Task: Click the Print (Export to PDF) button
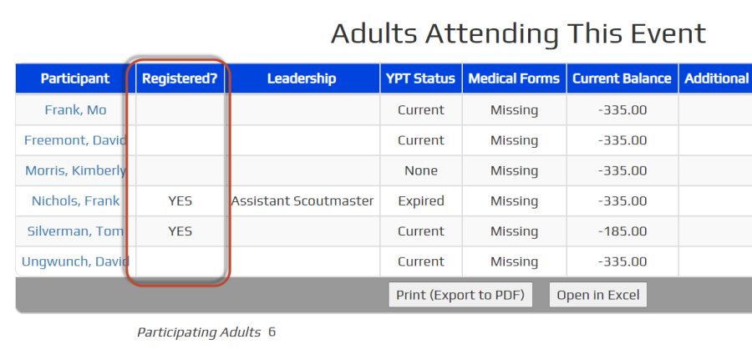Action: tap(460, 295)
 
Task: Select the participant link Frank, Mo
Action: tap(75, 109)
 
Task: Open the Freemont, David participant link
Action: tap(76, 140)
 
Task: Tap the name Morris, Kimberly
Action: tap(76, 170)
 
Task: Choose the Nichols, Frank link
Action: tap(76, 200)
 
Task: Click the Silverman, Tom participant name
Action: tap(76, 231)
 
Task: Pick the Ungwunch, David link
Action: tap(76, 261)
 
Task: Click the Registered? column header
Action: tap(180, 79)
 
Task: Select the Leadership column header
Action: tap(302, 79)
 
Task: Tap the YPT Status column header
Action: tap(421, 79)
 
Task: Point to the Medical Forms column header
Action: tap(514, 79)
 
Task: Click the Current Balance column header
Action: tap(622, 79)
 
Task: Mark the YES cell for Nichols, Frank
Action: tap(180, 201)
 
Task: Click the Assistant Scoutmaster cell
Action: tap(302, 200)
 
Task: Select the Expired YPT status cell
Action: tap(421, 201)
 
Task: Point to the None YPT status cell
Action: tap(421, 170)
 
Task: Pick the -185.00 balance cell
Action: tap(622, 231)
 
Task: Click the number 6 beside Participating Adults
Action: tap(272, 332)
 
